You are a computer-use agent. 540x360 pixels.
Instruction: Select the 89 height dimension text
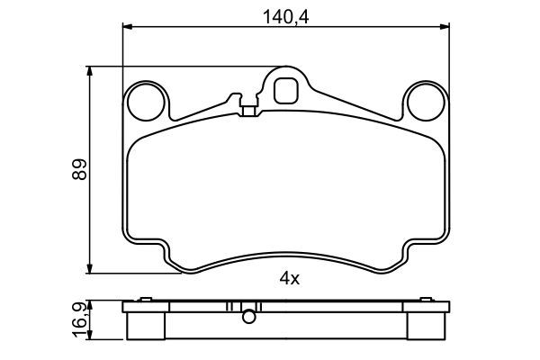pyautogui.click(x=80, y=168)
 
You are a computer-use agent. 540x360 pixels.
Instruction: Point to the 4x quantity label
pyautogui.click(x=288, y=278)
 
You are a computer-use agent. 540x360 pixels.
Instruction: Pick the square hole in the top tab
pyautogui.click(x=286, y=90)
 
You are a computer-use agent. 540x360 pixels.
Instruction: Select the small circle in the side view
pyautogui.click(x=248, y=314)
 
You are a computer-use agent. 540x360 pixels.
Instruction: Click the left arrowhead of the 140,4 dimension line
pyautogui.click(x=127, y=27)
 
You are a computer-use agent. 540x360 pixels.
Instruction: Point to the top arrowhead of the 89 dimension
pyautogui.click(x=90, y=70)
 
